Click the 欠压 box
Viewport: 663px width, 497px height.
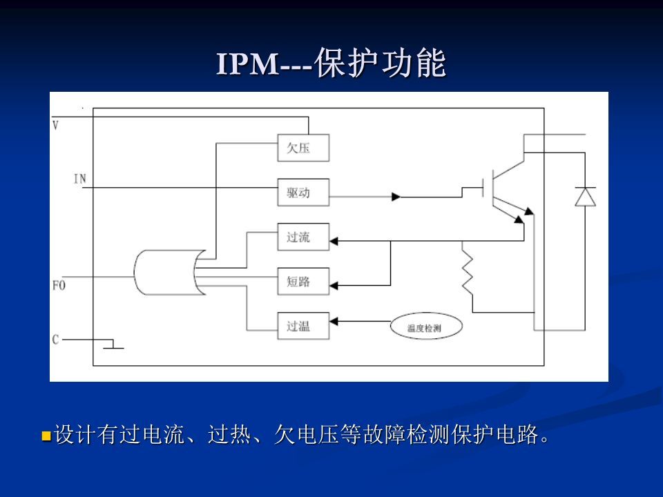coord(303,147)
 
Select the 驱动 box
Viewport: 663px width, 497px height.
coord(303,193)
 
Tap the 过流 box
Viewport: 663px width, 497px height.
coord(303,237)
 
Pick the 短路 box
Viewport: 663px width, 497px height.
coord(303,282)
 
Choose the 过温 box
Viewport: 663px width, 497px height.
coord(303,326)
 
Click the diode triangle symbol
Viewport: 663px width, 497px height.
coord(586,197)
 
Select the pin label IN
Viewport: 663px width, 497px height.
coord(79,179)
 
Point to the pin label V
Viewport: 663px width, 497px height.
coord(56,125)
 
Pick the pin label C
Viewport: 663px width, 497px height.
coord(56,339)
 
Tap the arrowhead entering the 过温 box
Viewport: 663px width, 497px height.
coord(335,321)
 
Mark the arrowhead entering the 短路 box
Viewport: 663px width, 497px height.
coord(335,283)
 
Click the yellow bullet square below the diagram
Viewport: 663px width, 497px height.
coord(46,436)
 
